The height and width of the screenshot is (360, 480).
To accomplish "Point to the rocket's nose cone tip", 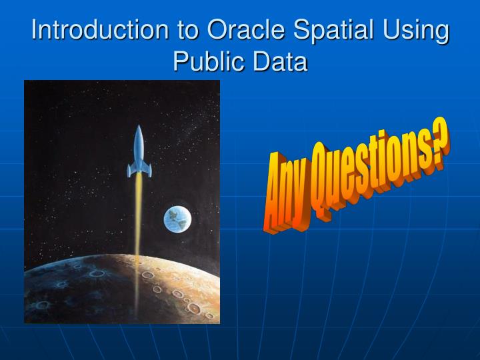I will [x=139, y=127].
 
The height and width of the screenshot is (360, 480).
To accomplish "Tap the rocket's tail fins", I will [x=139, y=171].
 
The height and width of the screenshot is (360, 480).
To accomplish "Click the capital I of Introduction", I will [x=35, y=31].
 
